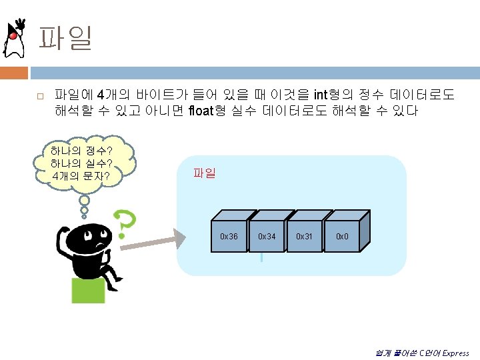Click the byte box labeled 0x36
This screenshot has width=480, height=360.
pos(229,237)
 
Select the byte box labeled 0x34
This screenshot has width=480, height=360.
pos(267,237)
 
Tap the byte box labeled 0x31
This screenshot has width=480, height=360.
pos(305,237)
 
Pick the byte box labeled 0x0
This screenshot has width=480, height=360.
pos(342,237)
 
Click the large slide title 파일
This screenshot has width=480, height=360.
pos(65,38)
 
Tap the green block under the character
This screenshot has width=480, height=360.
pos(88,290)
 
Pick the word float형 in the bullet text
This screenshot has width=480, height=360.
pos(209,111)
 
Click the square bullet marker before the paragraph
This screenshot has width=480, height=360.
pos(40,97)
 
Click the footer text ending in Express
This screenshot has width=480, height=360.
pos(422,353)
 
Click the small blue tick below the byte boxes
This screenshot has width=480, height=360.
pos(261,257)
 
